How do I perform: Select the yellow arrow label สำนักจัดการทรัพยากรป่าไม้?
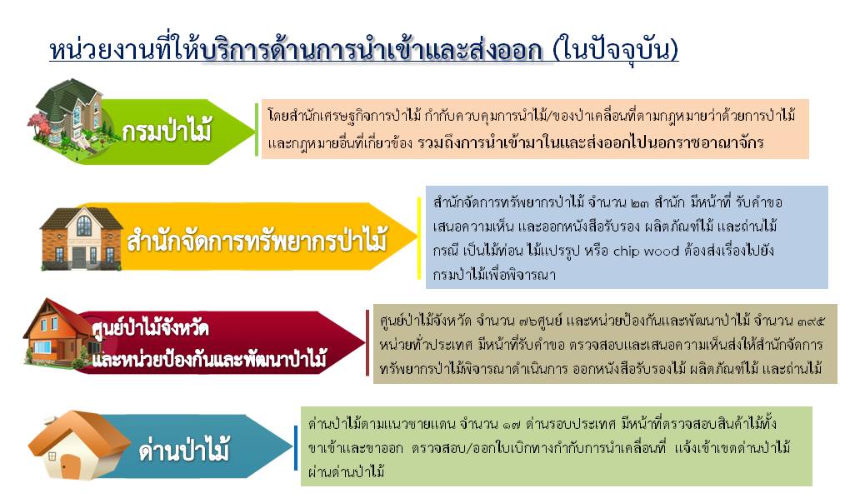257,241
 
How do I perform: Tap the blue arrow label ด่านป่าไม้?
184,450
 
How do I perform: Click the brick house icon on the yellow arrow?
82,238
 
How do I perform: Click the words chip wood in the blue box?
646,251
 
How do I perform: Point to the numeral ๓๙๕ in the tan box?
812,321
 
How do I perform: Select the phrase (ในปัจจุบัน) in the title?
615,50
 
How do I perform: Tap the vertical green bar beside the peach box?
257,129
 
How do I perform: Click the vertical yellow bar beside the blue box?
419,238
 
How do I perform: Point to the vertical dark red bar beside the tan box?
367,343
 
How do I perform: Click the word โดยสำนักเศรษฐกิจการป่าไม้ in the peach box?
344,115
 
